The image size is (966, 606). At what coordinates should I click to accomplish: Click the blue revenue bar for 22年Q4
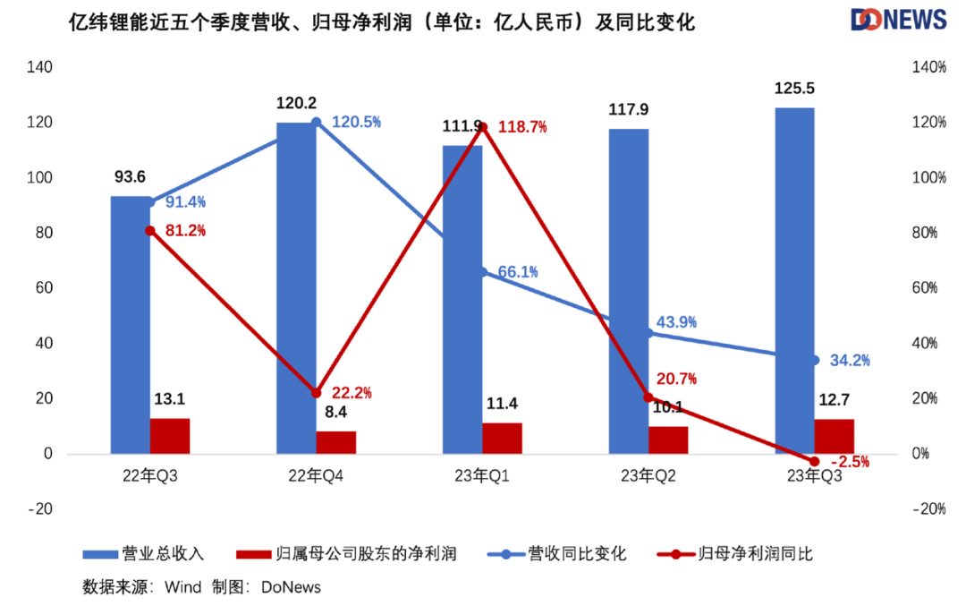tap(296, 286)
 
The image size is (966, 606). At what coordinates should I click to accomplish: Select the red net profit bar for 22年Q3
tap(170, 436)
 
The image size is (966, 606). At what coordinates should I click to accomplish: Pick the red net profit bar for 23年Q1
tap(502, 438)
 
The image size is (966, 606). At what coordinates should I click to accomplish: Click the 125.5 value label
tap(794, 89)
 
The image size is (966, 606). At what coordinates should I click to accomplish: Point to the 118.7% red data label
tap(523, 127)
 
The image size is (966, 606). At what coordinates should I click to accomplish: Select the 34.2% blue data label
tap(849, 361)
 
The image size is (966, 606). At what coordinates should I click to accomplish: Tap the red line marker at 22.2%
tap(316, 393)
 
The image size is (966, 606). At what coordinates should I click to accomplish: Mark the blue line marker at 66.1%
tap(483, 271)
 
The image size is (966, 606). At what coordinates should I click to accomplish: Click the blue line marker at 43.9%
tap(649, 333)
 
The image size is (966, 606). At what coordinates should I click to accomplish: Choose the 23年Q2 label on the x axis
tap(648, 477)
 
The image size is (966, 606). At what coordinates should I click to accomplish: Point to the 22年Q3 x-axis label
tap(150, 477)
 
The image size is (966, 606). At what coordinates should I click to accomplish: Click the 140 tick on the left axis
tap(40, 67)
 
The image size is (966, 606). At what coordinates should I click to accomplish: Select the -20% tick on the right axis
tap(928, 509)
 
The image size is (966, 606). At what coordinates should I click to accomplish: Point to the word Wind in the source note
tap(182, 587)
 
